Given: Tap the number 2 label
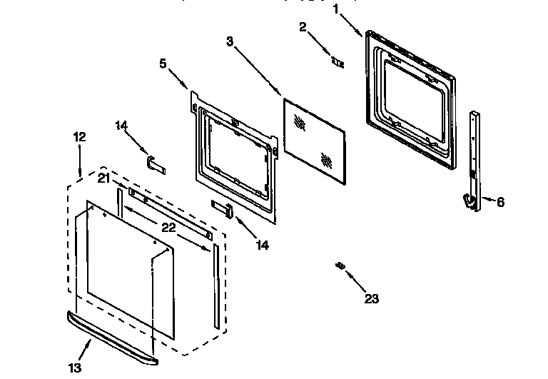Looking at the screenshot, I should point(303,27).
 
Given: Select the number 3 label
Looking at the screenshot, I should point(230,42).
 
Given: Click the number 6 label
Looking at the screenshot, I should point(500,202).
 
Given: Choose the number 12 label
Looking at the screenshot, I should point(79,136).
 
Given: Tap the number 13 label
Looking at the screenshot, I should point(75,368).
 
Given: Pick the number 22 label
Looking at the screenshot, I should point(168,227).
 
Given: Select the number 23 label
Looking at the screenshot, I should point(370,298).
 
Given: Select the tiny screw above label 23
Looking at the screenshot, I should point(340,266).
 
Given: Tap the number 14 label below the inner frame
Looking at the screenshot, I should point(263,245).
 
